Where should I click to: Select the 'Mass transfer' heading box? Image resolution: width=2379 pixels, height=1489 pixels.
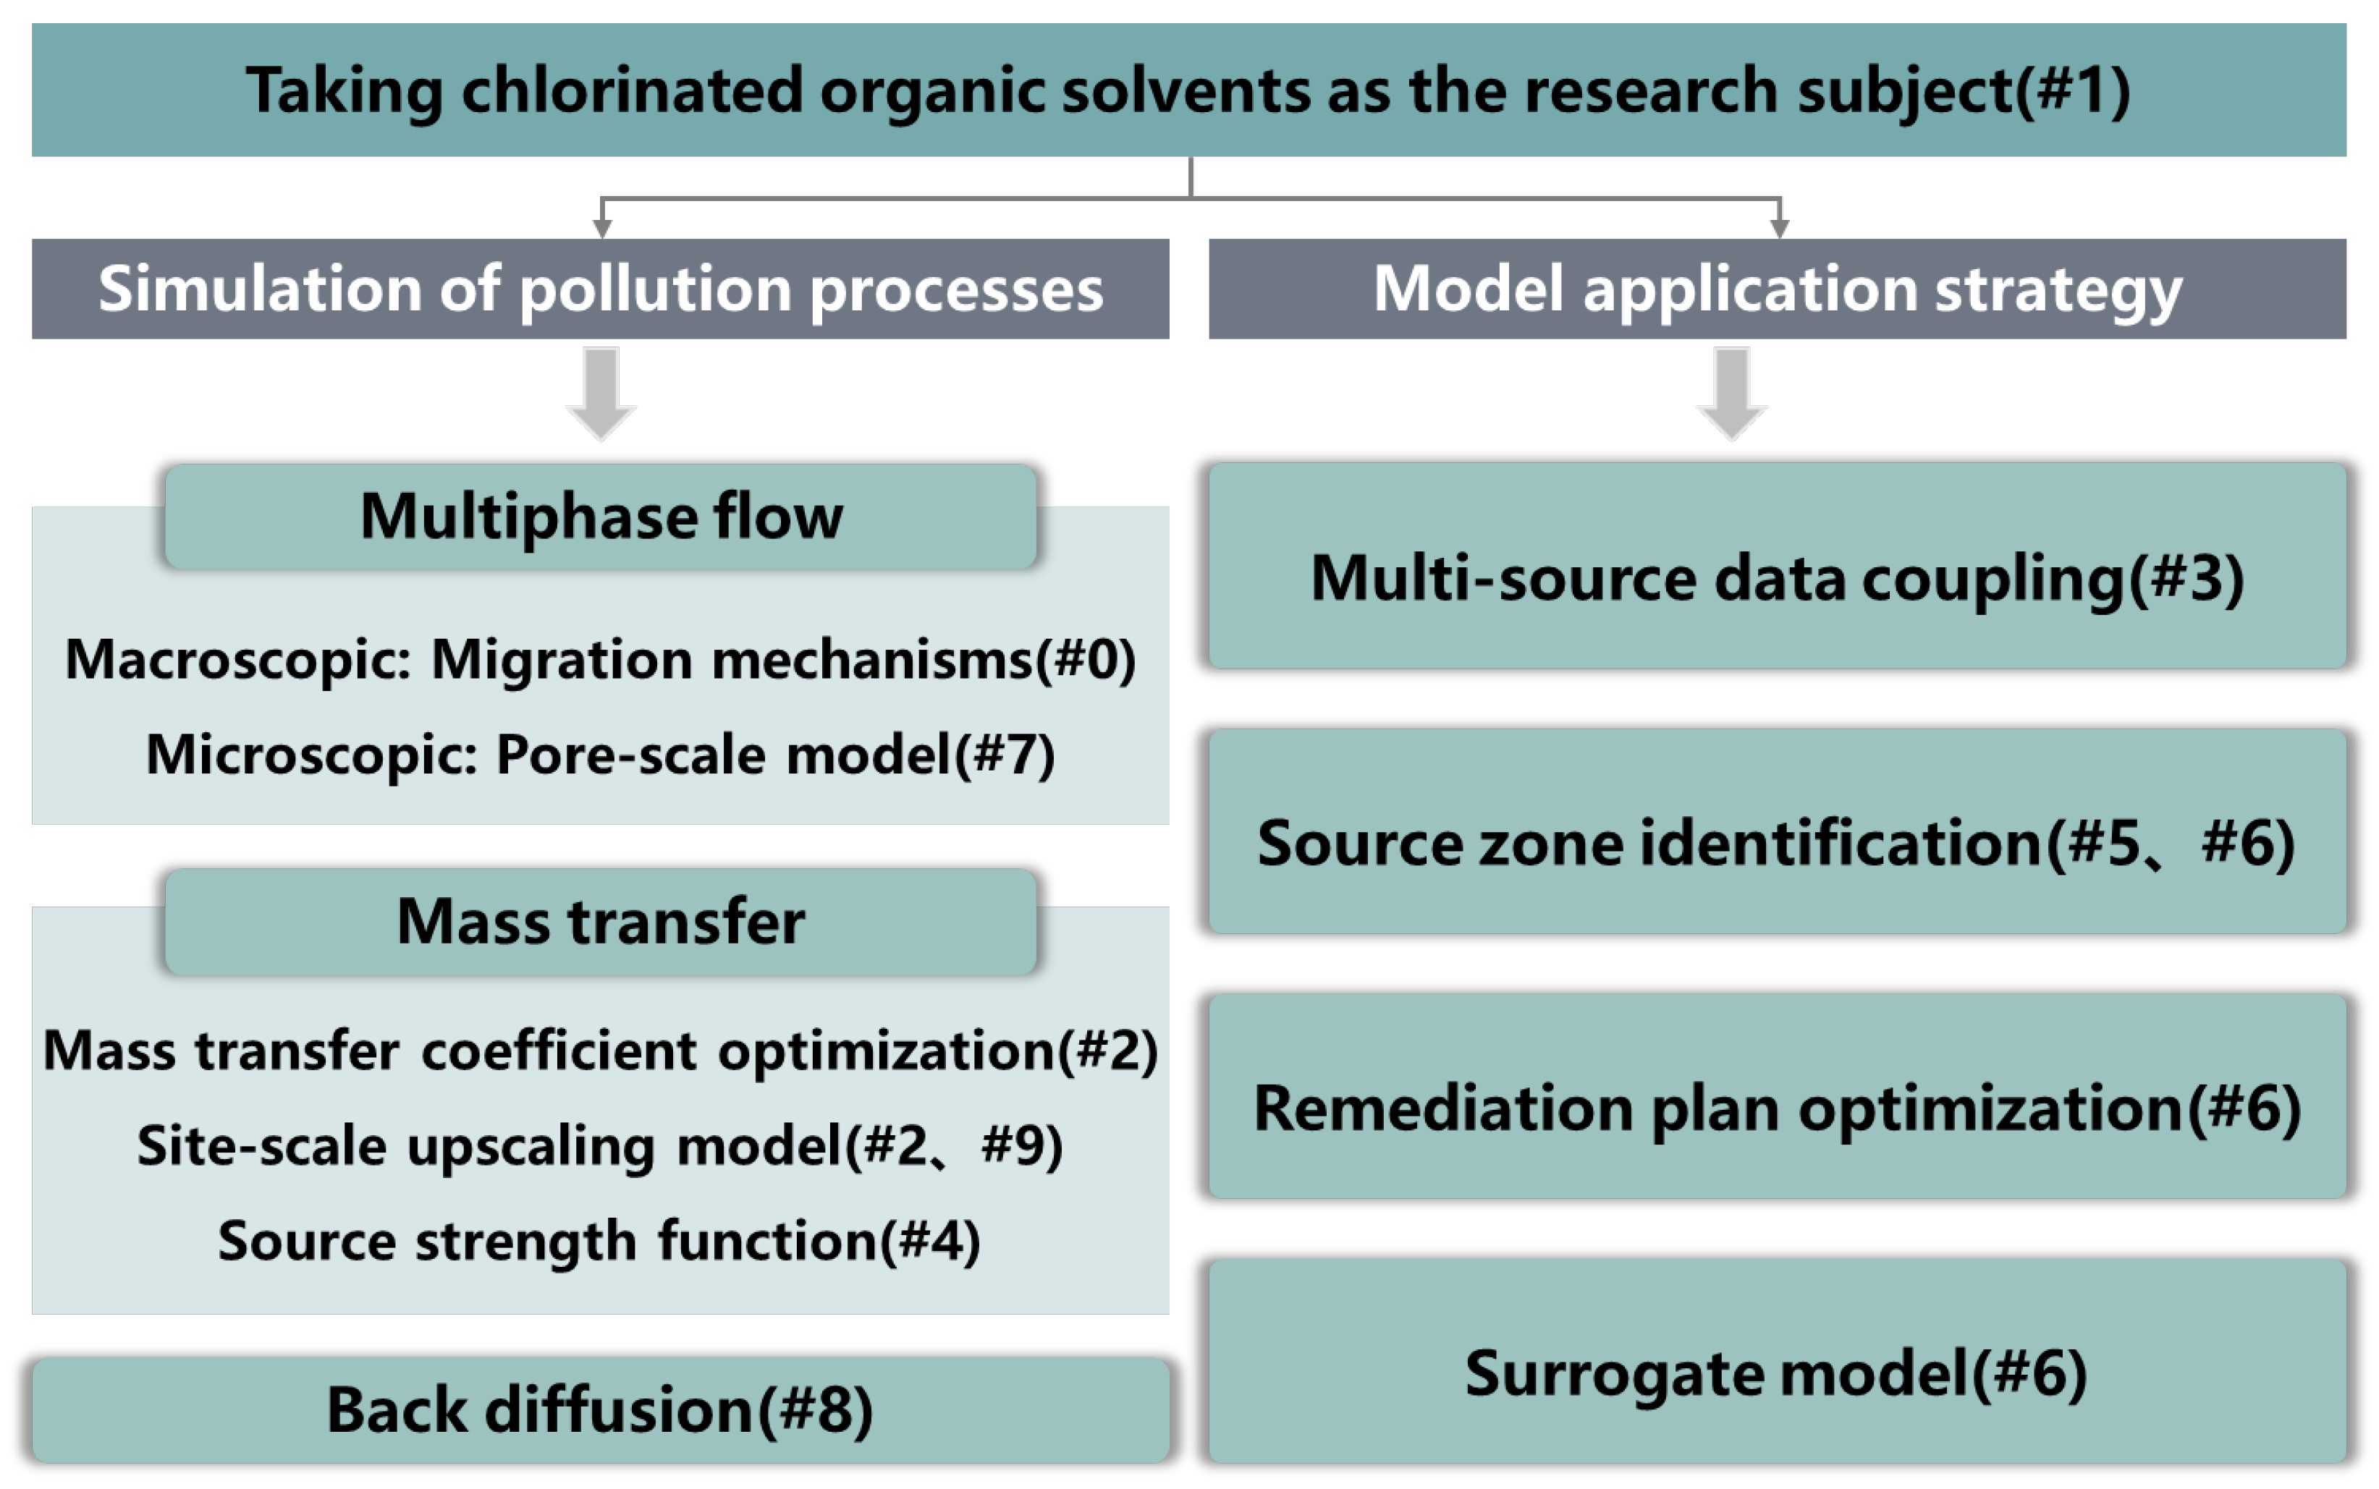click(600, 922)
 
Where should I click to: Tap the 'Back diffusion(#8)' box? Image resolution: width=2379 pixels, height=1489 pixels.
click(600, 1409)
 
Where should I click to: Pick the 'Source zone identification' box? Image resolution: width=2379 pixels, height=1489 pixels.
click(1776, 842)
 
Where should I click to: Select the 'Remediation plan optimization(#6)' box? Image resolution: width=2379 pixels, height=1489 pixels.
click(1776, 1107)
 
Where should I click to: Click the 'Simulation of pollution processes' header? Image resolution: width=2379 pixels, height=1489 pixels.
click(600, 289)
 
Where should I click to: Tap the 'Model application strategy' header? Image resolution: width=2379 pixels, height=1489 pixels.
click(1776, 289)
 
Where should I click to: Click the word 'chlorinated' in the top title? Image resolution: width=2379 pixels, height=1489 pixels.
click(630, 90)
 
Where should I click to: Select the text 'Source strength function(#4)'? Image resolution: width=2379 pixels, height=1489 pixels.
click(599, 1240)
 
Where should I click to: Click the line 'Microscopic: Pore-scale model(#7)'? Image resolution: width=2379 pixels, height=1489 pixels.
click(600, 755)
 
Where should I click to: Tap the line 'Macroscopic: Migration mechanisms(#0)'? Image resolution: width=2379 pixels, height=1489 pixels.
click(600, 659)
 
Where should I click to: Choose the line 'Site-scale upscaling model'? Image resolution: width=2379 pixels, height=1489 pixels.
click(600, 1145)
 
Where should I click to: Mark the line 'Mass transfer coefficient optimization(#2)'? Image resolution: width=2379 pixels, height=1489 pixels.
click(600, 1050)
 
